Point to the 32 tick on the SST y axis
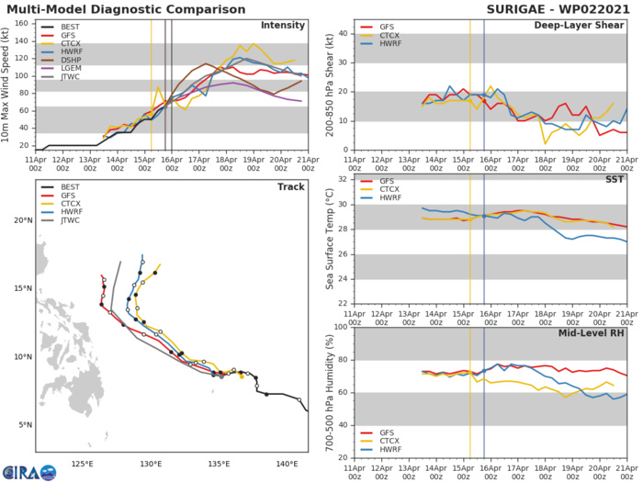pos(339,179)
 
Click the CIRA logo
pos(28,471)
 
